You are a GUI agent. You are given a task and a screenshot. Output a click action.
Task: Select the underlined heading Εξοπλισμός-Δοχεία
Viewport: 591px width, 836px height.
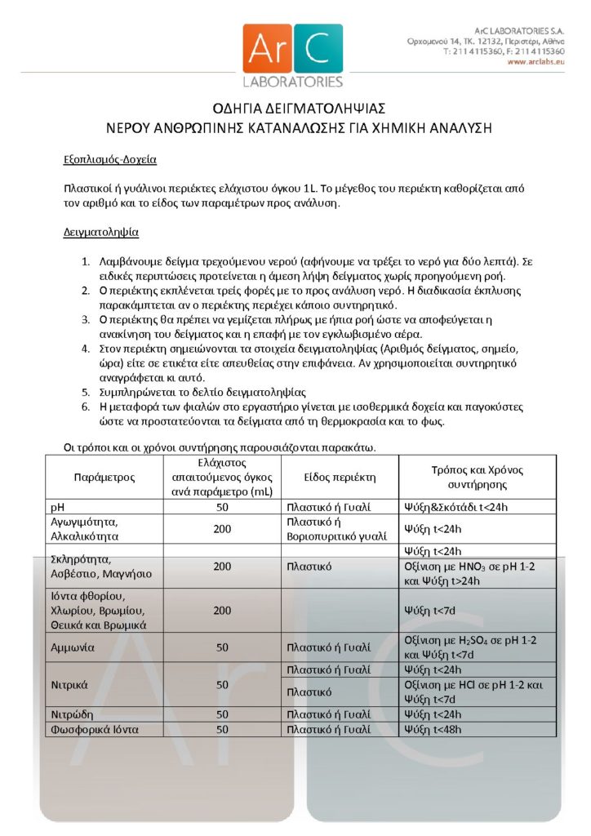click(110, 158)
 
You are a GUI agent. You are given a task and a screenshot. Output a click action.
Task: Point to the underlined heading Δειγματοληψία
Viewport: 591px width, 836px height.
click(101, 233)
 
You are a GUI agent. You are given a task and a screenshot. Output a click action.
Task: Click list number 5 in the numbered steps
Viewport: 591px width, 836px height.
click(86, 391)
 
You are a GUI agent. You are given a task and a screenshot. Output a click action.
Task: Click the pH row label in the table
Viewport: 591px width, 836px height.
click(58, 507)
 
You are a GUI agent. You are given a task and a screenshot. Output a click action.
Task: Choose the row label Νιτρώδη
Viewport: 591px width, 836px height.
click(71, 714)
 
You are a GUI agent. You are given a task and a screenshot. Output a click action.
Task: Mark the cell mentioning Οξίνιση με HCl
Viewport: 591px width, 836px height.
click(473, 692)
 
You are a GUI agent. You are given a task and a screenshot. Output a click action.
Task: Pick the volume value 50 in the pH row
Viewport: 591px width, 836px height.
click(221, 507)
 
